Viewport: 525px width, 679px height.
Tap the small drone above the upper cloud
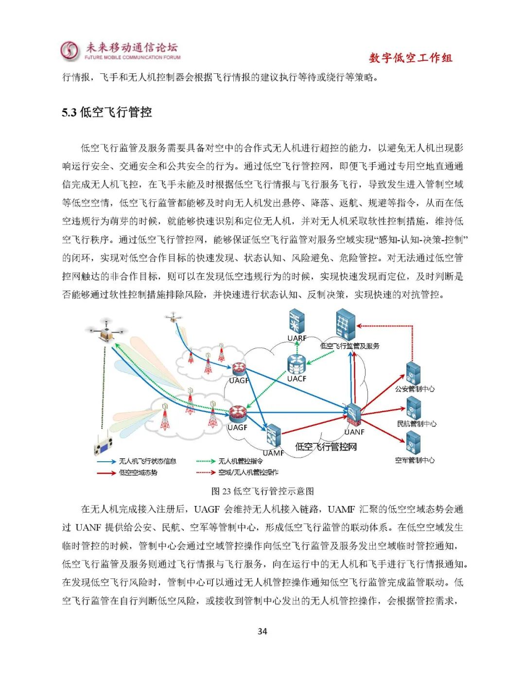coord(173,318)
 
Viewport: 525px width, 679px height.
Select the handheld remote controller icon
coord(103,444)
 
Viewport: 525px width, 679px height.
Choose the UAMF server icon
coord(273,436)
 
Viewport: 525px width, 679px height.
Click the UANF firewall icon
coord(353,415)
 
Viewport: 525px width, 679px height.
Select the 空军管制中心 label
coord(415,460)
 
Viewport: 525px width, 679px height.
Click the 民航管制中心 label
coord(416,424)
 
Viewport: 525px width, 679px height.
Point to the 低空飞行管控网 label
coord(326,447)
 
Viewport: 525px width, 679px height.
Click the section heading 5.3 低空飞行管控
coord(107,112)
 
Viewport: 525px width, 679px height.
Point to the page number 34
coord(262,631)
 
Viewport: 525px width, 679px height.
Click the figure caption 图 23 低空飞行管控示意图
coord(262,491)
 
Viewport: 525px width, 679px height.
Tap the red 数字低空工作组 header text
coord(410,58)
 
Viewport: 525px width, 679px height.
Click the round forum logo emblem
coord(70,51)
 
